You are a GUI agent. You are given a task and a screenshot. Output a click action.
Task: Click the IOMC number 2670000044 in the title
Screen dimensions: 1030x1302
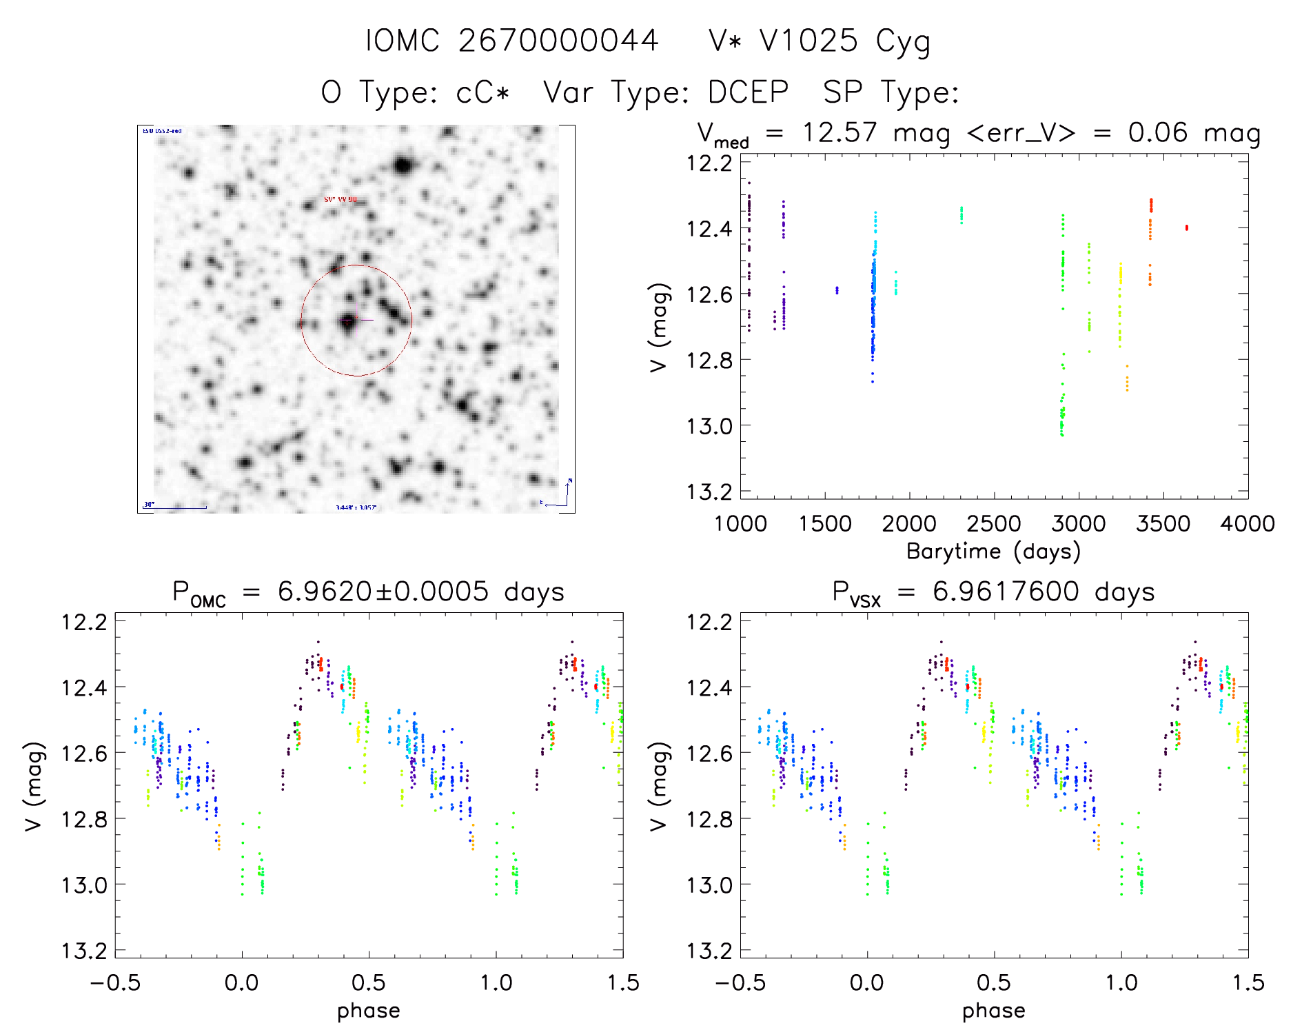click(x=558, y=41)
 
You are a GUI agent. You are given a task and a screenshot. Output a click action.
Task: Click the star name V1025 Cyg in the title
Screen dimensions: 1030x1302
click(x=844, y=41)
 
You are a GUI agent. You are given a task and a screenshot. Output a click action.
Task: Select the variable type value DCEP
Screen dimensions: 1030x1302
click(x=748, y=92)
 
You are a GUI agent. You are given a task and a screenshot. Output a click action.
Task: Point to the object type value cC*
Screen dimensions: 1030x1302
click(x=483, y=92)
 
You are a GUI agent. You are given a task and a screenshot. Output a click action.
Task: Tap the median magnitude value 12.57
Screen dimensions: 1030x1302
click(x=840, y=132)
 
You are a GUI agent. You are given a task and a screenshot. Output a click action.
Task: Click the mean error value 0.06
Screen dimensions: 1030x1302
click(x=1158, y=132)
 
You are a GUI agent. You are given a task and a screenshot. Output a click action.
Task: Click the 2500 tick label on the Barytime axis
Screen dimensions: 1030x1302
click(x=994, y=524)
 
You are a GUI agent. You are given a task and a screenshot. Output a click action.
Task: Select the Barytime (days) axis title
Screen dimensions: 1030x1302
click(x=993, y=552)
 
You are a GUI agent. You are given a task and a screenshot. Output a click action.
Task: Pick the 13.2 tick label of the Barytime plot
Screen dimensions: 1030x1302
click(x=709, y=492)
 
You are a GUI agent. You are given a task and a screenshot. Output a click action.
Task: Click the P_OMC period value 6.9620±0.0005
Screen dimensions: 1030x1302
click(x=383, y=592)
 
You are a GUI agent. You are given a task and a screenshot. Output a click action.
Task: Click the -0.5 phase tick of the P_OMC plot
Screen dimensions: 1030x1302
click(x=115, y=983)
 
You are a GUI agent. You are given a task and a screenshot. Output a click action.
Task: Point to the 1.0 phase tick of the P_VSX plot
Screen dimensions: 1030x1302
click(x=1121, y=983)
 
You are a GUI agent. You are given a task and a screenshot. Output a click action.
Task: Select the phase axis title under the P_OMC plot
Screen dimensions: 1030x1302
click(x=369, y=1011)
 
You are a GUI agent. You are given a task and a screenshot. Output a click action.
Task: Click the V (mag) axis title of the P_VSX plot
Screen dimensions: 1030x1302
click(x=659, y=786)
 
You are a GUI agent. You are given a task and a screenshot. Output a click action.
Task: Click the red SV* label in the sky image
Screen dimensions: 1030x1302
click(x=340, y=200)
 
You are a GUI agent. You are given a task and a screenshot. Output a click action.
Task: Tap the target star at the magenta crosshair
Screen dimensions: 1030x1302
click(x=347, y=321)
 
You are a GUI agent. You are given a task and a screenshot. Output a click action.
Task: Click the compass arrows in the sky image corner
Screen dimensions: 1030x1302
click(x=561, y=495)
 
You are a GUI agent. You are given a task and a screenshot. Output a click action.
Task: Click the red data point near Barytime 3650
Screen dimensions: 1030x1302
click(x=1186, y=228)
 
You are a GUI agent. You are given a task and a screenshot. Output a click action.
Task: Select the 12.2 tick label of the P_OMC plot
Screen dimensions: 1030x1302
click(x=84, y=622)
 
